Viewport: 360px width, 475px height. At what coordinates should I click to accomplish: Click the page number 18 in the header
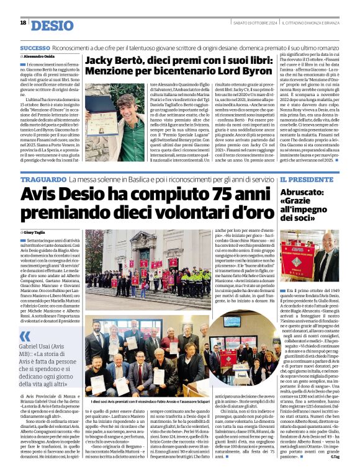click(x=23, y=23)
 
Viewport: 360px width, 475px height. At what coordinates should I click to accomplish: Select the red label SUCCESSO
click(x=35, y=48)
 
